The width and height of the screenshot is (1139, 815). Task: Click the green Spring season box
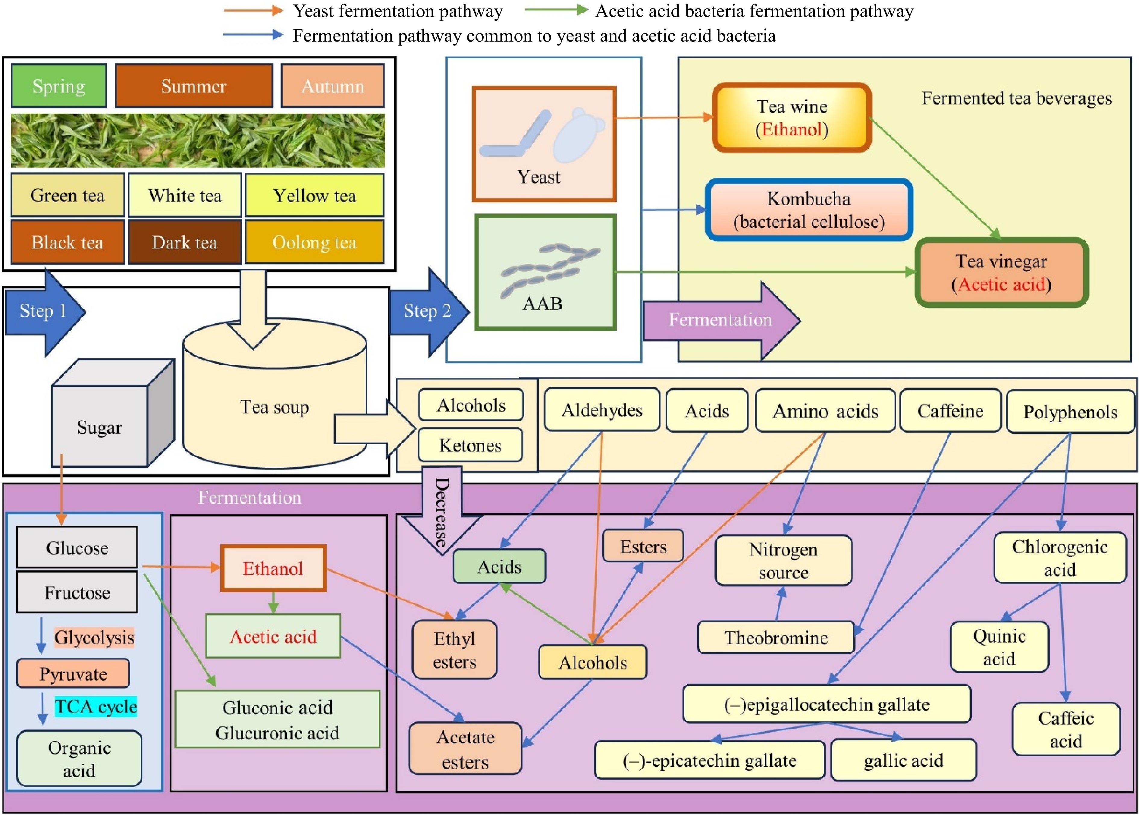tap(59, 86)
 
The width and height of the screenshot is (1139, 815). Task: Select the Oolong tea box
tap(314, 242)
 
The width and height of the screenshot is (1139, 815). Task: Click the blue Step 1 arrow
tap(44, 311)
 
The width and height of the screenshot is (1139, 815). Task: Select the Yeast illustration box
tap(544, 144)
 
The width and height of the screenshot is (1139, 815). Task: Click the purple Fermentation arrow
tap(720, 320)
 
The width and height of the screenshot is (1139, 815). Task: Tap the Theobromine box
tap(775, 637)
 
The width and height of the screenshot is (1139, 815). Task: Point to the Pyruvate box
tap(73, 673)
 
